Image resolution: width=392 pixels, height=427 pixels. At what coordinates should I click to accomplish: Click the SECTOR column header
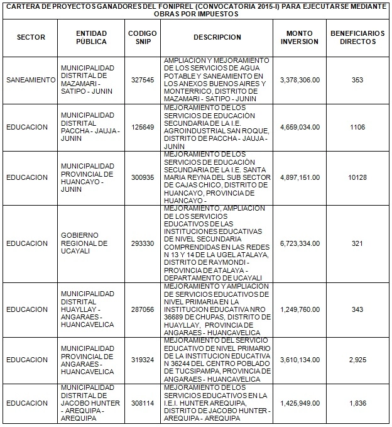[31, 37]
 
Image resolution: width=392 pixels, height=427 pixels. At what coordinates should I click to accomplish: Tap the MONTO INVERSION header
[298, 37]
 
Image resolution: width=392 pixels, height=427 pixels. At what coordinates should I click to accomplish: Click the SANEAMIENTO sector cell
[31, 80]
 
